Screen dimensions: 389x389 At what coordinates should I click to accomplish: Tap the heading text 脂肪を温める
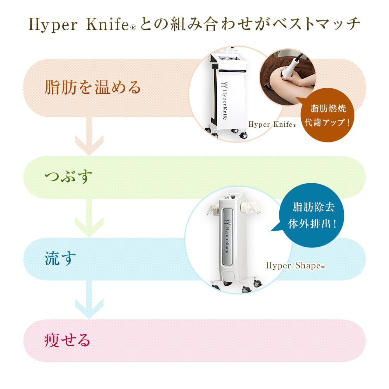click(93, 87)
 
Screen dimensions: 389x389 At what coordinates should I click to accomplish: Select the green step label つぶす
click(68, 177)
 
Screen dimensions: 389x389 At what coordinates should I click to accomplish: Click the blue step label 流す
click(60, 259)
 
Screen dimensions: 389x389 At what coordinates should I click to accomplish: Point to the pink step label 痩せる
click(67, 340)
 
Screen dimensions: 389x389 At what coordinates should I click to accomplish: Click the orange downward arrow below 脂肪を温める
click(89, 136)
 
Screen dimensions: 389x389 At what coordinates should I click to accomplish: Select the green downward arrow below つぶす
click(89, 217)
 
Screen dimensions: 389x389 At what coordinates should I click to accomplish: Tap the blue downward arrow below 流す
click(89, 300)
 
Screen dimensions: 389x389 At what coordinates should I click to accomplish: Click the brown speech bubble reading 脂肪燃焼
click(327, 115)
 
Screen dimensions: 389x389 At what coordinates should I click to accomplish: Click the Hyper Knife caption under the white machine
click(272, 124)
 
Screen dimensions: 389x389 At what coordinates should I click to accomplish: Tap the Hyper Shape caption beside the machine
click(295, 265)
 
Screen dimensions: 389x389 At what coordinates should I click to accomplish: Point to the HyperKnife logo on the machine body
click(224, 101)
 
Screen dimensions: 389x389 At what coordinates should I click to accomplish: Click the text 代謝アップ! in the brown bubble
click(327, 123)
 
